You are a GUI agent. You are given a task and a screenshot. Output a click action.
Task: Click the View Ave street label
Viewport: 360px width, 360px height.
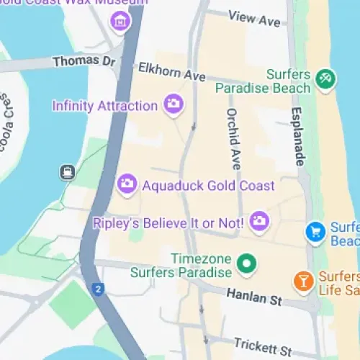click(253, 18)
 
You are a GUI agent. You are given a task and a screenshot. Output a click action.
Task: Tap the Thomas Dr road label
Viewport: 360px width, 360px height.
click(84, 62)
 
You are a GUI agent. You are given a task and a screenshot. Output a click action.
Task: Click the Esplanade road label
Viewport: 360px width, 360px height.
click(298, 137)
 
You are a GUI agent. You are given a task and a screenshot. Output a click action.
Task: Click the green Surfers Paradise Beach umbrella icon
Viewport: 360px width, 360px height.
click(325, 80)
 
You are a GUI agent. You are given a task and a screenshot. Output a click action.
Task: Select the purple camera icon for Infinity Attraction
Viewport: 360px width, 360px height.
click(173, 105)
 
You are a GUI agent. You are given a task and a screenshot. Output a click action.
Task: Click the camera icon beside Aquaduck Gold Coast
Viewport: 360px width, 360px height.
click(127, 185)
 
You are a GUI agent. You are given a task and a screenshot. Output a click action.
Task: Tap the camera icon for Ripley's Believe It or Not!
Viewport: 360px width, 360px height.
click(259, 222)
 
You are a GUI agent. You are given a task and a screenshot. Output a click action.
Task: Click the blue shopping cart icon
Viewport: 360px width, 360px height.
click(315, 232)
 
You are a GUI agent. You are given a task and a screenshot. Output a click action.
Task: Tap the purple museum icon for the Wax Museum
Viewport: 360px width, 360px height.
click(120, 22)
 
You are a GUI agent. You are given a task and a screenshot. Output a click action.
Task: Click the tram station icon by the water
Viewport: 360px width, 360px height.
click(68, 172)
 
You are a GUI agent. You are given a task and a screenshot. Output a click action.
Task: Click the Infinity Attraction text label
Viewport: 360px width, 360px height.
click(104, 106)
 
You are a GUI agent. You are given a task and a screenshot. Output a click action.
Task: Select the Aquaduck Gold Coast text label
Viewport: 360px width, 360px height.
click(209, 186)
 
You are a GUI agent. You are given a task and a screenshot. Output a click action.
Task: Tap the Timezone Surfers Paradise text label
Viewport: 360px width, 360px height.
click(181, 266)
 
